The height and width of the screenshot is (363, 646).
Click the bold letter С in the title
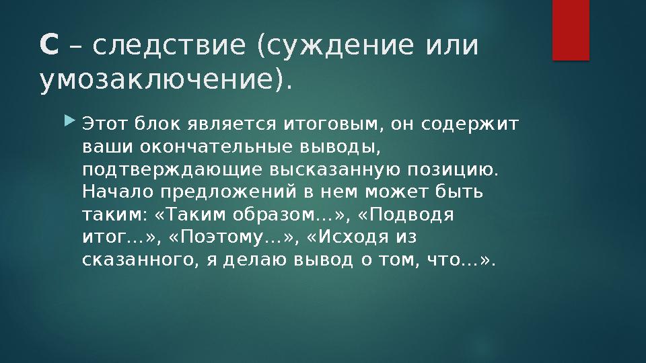coord(49,46)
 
